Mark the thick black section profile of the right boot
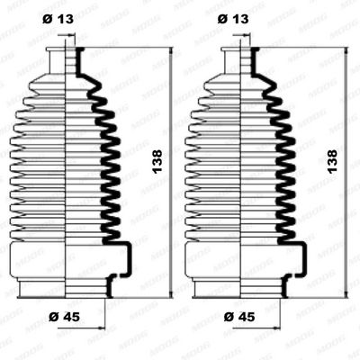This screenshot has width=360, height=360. tap(284, 162)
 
